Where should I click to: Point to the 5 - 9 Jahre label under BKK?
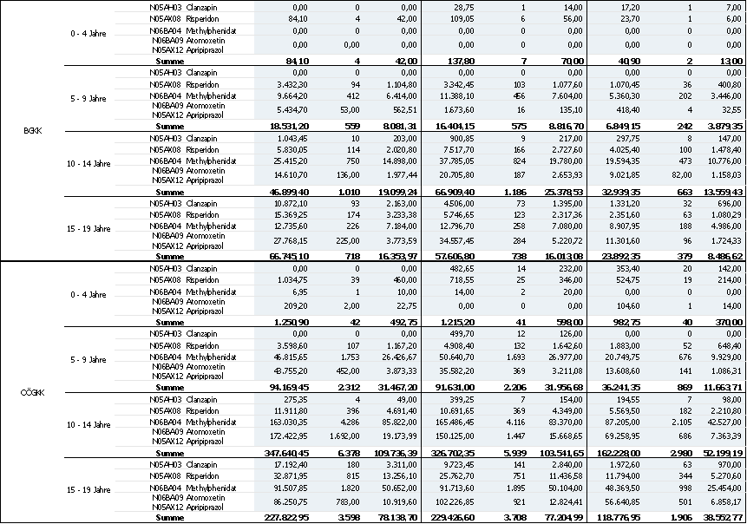point(88,99)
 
